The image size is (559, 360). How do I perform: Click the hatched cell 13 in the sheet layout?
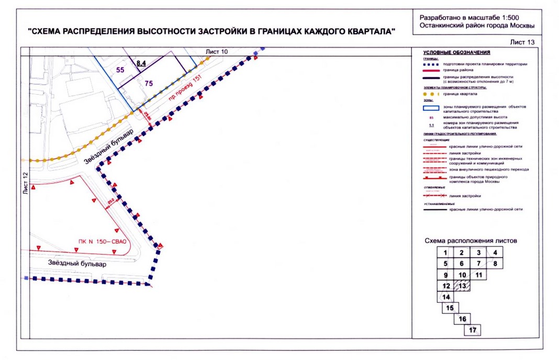click(462, 286)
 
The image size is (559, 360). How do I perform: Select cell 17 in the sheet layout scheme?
click(473, 330)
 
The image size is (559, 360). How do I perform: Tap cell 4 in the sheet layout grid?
click(495, 252)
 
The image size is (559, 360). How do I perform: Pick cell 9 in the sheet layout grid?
click(445, 275)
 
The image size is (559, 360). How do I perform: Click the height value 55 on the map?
click(120, 70)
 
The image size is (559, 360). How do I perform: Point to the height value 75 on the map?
click(149, 83)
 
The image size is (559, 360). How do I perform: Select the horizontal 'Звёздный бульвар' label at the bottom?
click(77, 264)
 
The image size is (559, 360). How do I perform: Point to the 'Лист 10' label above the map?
click(218, 51)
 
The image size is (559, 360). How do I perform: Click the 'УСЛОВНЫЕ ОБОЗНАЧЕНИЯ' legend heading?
click(456, 52)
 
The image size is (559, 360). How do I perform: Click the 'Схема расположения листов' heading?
click(471, 241)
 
